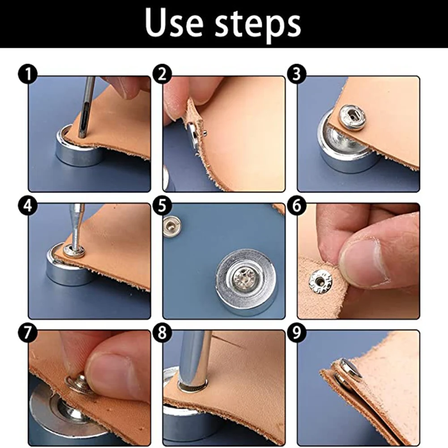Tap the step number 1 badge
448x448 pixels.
click(28, 74)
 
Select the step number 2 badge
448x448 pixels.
click(162, 74)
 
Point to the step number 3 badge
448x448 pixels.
click(297, 74)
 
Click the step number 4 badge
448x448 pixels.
click(28, 205)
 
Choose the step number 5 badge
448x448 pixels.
click(162, 205)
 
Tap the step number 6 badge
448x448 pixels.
click(297, 205)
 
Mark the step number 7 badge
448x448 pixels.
click(28, 333)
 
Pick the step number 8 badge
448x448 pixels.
click(162, 333)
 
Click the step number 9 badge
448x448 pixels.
click(297, 333)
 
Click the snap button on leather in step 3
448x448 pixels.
click(352, 117)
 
